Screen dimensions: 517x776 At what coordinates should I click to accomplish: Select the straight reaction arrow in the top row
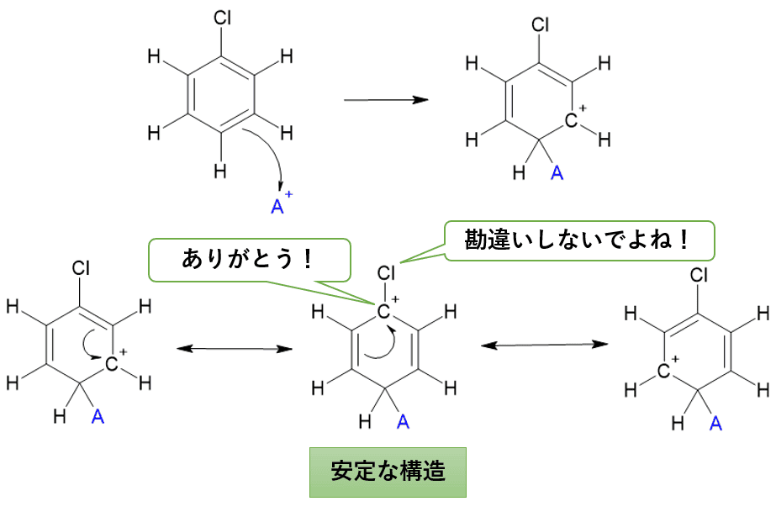pos(386,100)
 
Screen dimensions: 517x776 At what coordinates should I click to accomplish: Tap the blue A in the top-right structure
pos(556,173)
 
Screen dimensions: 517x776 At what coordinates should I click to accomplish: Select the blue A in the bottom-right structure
pos(715,422)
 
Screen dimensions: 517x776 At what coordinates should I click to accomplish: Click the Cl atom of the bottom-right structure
pos(699,275)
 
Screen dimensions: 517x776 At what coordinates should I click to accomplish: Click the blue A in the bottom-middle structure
pos(403,421)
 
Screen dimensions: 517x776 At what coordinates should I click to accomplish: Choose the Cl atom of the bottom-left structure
pos(81,269)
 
